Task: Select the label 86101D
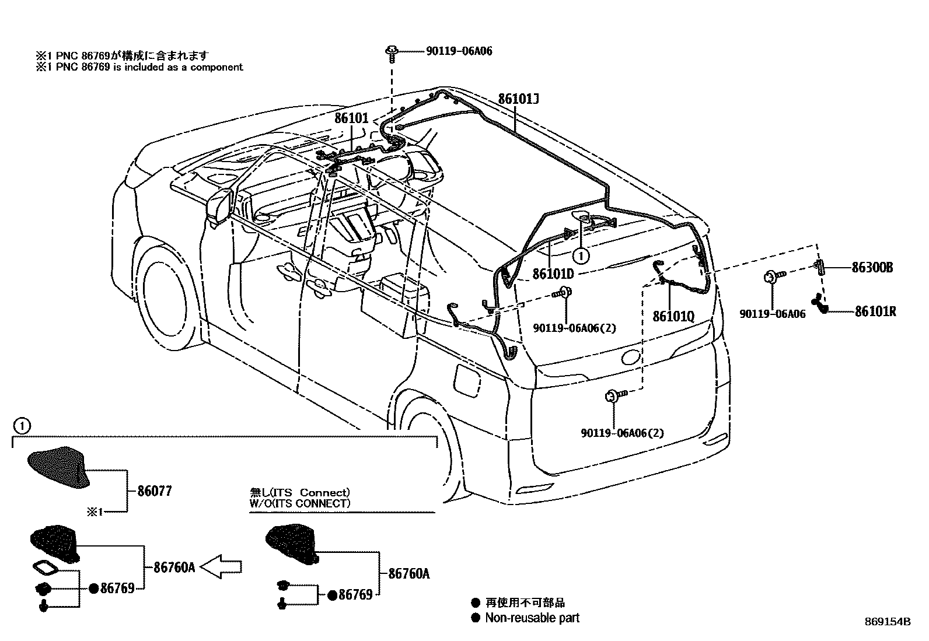point(553,274)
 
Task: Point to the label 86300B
point(872,268)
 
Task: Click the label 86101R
point(875,311)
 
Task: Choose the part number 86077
point(155,491)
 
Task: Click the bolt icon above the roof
point(392,52)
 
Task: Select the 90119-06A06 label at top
point(458,51)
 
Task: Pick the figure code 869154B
point(888,622)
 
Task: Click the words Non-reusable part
point(532,618)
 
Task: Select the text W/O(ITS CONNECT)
point(300,503)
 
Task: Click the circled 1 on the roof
point(580,254)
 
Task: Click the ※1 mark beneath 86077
point(95,512)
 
